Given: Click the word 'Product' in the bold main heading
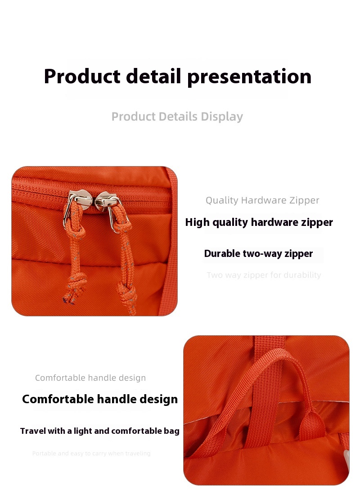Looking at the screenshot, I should click(x=82, y=76).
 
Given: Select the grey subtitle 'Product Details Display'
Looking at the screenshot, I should click(x=177, y=117).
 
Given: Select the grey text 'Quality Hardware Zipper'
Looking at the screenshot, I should click(x=262, y=200).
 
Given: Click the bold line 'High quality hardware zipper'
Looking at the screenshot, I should click(x=259, y=222).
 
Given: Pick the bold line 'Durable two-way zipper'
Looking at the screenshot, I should click(x=258, y=253).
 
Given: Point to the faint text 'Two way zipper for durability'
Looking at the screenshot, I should click(x=264, y=275).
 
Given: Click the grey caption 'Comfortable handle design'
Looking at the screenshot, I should click(x=90, y=378).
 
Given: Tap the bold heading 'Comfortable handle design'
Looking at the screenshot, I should click(x=100, y=399).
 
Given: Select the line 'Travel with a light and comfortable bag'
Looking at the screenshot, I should click(x=100, y=431).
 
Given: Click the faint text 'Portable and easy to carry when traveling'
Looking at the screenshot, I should click(x=91, y=454).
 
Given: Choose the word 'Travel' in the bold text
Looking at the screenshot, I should click(x=32, y=431).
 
